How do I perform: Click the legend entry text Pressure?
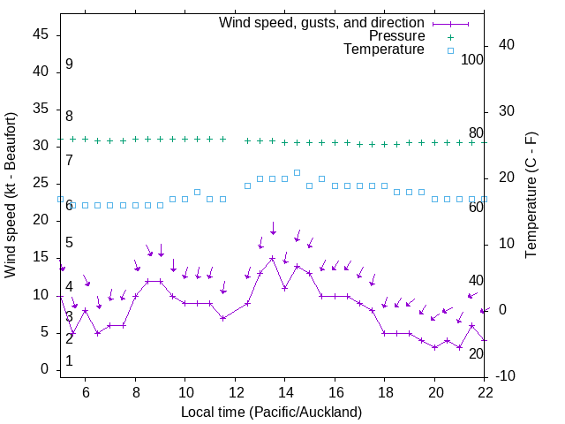pyautogui.click(x=396, y=36)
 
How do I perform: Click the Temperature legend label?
pyautogui.click(x=384, y=49)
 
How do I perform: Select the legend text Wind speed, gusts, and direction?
pyautogui.click(x=322, y=22)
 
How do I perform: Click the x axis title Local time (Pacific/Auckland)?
pyautogui.click(x=272, y=412)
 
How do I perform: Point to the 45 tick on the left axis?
pyautogui.click(x=39, y=34)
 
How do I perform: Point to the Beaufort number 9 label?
pyautogui.click(x=69, y=64)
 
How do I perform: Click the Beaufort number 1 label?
pyautogui.click(x=69, y=361)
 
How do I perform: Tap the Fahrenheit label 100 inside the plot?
pyautogui.click(x=472, y=59)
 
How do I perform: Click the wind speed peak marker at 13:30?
pyautogui.click(x=273, y=258)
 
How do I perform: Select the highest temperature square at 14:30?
pyautogui.click(x=298, y=173)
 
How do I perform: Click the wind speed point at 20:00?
pyautogui.click(x=434, y=347)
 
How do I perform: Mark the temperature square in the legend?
pyautogui.click(x=449, y=51)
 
